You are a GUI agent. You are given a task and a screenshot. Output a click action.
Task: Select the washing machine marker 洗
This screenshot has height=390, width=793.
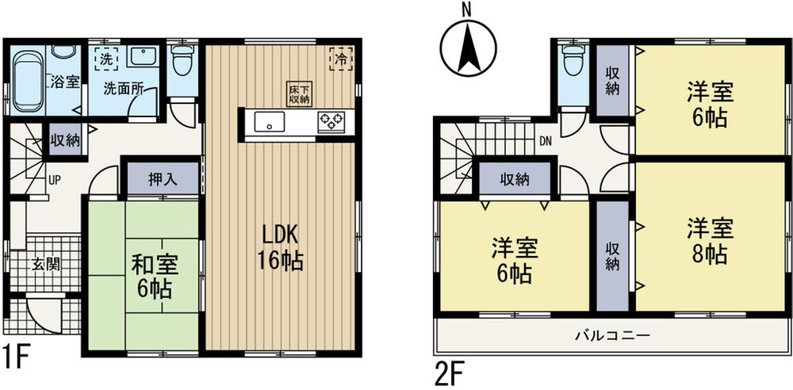point(104,58)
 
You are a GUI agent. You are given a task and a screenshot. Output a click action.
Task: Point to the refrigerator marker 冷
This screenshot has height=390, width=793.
point(340,58)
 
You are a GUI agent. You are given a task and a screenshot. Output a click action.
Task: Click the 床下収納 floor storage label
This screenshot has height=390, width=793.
point(299,94)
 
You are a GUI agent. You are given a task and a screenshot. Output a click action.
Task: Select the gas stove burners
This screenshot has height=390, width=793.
point(331,123)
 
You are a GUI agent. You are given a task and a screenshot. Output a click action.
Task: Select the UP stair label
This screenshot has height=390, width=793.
point(54,179)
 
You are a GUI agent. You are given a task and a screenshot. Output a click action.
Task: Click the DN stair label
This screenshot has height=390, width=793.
point(546,142)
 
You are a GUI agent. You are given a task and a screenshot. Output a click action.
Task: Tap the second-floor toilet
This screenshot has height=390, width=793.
point(572,63)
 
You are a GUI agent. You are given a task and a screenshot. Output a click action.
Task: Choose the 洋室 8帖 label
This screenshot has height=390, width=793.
point(707,242)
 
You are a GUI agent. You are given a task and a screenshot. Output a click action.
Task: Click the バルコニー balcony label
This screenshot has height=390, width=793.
point(612,336)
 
